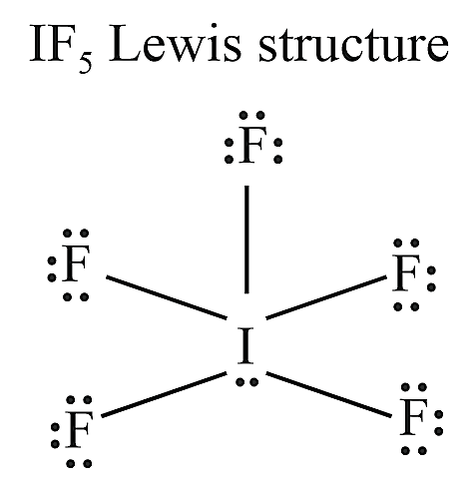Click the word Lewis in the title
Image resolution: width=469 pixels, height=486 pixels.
coord(175,44)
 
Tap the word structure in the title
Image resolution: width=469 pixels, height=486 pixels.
coord(354,46)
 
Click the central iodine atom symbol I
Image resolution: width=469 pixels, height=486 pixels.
coord(246,345)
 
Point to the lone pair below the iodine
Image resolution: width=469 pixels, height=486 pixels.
coord(246,382)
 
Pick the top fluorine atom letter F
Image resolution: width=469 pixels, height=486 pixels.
coord(253,145)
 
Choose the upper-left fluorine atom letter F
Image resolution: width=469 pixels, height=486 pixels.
coord(76,262)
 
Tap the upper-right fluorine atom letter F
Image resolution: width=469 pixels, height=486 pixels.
coord(405,272)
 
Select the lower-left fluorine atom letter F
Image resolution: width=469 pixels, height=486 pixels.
coord(79,429)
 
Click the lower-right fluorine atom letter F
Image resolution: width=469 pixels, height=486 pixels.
coord(413,417)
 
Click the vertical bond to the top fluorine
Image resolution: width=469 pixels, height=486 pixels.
coord(246,240)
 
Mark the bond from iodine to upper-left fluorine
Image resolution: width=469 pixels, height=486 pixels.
coord(167,297)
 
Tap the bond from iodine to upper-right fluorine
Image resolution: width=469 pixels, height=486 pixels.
coord(326,297)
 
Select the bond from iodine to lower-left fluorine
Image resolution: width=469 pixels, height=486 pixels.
coord(164,394)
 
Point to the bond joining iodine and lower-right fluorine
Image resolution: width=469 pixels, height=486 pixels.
coord(328,394)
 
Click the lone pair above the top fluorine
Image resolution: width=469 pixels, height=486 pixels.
coord(252,116)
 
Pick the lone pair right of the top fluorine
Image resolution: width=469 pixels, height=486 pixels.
coord(278,152)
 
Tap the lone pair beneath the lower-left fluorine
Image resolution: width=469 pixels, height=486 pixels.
coord(79,463)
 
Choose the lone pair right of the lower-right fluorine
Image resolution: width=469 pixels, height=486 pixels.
coord(439,423)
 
